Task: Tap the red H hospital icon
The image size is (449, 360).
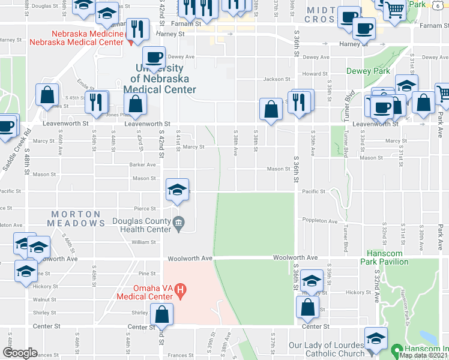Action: (181, 292)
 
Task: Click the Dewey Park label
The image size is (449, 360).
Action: (368, 71)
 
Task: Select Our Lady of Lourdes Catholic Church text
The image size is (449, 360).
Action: (327, 350)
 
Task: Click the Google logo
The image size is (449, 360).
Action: (20, 353)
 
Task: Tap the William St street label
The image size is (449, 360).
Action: (144, 242)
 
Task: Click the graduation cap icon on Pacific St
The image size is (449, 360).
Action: (178, 190)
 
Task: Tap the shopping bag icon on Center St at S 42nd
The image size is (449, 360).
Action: (162, 314)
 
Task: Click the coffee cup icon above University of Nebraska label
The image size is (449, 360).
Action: (154, 58)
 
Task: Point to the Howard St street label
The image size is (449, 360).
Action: (315, 74)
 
